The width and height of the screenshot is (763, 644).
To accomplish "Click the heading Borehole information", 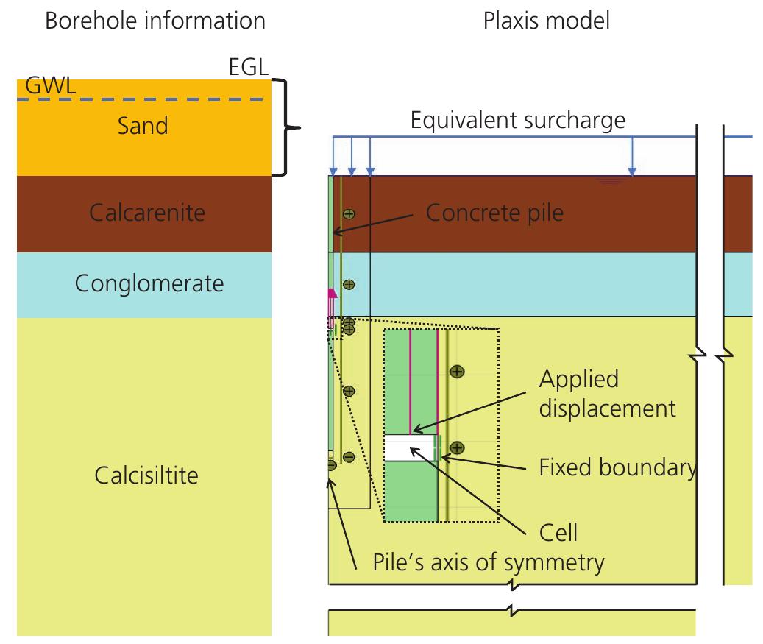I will point(155,21).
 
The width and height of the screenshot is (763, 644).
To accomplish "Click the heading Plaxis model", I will point(546,21).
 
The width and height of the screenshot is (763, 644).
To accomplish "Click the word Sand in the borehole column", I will point(143,126).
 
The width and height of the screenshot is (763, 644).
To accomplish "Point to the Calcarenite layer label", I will point(147,213).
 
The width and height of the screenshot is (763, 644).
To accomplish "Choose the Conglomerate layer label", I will point(149,283).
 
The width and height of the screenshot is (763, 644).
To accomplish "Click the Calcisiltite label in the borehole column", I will point(146,475).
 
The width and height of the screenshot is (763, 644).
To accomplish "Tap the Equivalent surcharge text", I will point(517,120).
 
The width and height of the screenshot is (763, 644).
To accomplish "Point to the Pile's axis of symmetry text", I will point(480,563).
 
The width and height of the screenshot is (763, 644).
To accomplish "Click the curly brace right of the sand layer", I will point(289,128).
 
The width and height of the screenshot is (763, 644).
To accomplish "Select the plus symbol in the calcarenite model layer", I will point(349,214).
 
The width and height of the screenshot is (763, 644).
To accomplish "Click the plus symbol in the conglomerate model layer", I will point(349,284).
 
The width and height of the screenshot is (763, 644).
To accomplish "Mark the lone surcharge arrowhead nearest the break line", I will point(631,172).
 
